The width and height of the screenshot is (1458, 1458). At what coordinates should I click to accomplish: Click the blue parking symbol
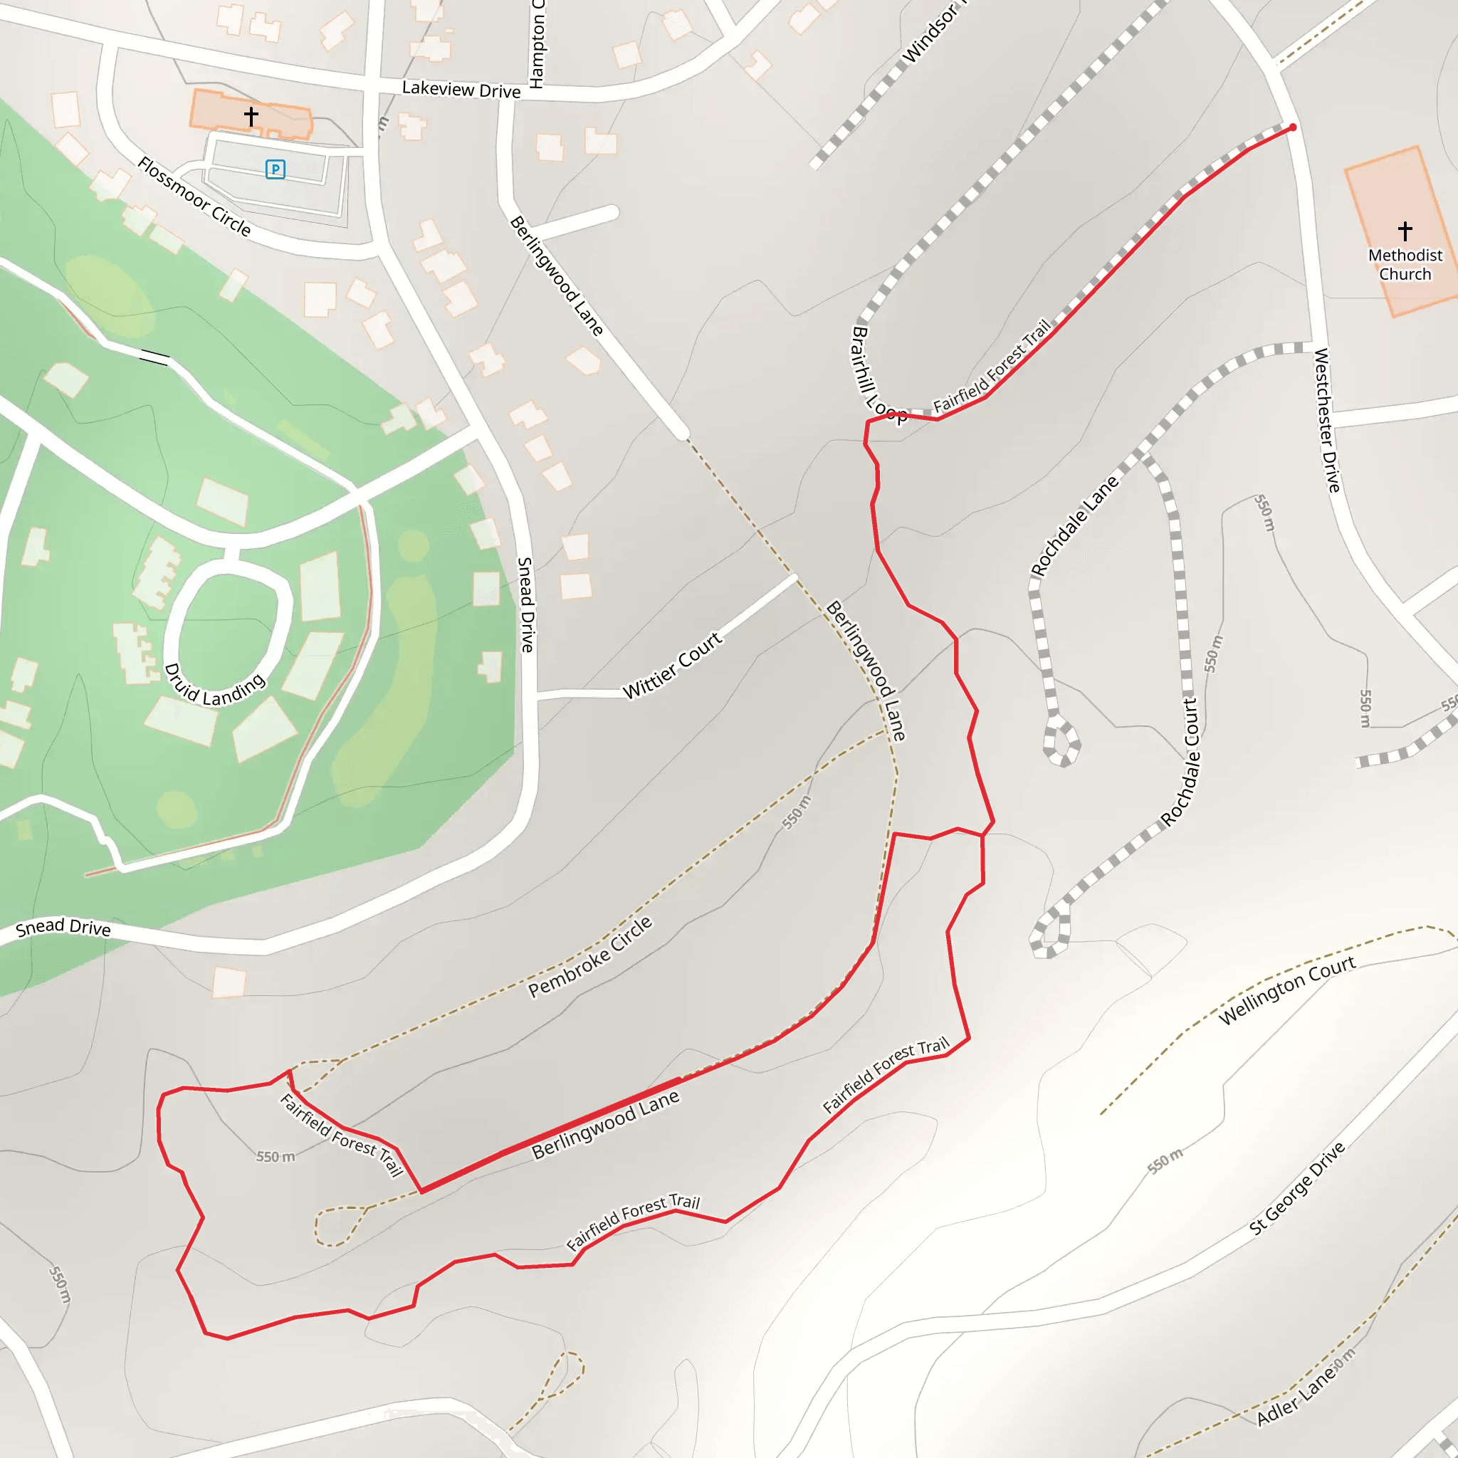pos(276,169)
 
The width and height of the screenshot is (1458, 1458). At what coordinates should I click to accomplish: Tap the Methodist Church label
pos(1405,265)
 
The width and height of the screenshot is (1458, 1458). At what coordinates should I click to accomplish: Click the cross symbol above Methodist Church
pos(1405,230)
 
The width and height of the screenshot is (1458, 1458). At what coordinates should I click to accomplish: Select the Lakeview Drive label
pos(461,90)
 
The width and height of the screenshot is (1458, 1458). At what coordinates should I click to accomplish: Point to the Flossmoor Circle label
pos(194,197)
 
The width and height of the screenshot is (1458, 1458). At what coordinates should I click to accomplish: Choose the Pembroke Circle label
pos(589,957)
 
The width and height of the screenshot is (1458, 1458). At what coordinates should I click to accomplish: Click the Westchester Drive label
pos(1328,420)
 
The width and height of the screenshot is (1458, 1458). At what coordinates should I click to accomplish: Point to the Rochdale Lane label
pos(1074,525)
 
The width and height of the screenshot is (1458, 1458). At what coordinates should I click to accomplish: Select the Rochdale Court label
pos(1181,762)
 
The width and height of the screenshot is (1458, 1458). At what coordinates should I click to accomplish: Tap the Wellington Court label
pos(1286,990)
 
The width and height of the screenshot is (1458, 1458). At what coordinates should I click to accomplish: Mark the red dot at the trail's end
pos(1293,127)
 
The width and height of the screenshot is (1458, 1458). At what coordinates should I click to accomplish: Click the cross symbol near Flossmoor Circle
pos(251,116)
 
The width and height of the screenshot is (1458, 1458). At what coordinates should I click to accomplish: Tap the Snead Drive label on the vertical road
pos(526,604)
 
